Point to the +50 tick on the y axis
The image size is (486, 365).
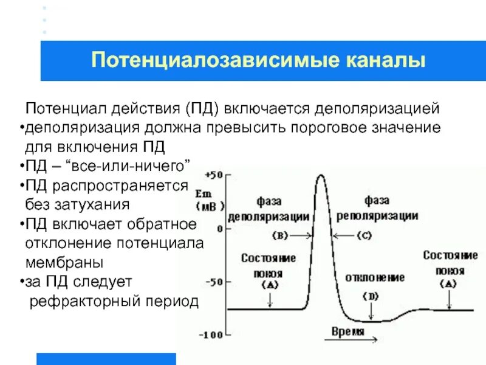[214, 175]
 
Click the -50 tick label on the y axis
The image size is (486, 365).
[213, 282]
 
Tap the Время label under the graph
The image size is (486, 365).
[348, 332]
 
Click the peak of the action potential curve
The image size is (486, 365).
[320, 176]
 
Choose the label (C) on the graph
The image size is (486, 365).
[364, 235]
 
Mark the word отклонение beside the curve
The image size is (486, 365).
[375, 277]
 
